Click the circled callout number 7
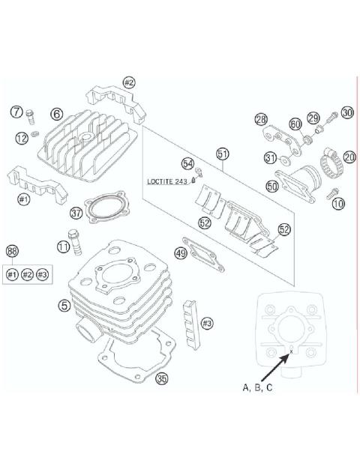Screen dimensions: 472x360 point(16,112)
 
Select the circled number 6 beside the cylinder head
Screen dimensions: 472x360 point(56,114)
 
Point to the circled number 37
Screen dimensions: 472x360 point(76,214)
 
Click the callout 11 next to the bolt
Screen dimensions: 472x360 point(64,245)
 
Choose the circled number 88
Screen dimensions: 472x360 point(12,251)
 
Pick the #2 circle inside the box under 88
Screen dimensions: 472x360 point(28,275)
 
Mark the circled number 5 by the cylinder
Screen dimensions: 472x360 point(66,306)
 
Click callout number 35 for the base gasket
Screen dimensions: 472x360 point(162,379)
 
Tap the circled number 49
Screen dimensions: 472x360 point(180,255)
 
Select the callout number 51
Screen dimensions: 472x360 point(222,154)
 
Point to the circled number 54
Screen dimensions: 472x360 point(187,163)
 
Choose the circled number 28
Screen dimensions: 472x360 point(260,119)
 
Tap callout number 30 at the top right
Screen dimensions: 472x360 point(346,112)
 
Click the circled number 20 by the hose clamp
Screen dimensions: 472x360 point(349,157)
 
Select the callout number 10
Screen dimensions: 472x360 point(339,203)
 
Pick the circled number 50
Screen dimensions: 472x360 point(272,186)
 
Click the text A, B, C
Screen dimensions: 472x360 point(256,387)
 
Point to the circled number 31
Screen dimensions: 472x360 point(270,158)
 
